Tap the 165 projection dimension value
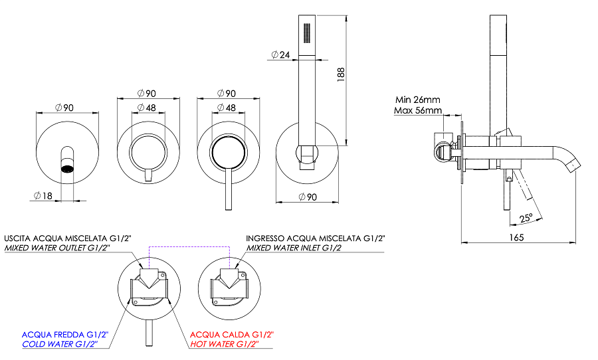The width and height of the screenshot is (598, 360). [517, 236]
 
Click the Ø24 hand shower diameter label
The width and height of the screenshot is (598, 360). [280, 55]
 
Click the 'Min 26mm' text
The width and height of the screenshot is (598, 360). [417, 100]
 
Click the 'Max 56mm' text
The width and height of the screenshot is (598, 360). [417, 110]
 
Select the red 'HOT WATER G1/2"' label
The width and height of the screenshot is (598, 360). [232, 344]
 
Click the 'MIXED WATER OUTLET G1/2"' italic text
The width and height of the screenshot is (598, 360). [57, 248]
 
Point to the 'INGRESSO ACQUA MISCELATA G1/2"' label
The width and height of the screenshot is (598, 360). [315, 238]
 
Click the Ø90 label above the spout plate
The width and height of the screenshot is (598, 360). [64, 107]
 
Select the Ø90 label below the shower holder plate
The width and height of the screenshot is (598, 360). [310, 197]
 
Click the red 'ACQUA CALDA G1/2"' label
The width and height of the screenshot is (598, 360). [232, 334]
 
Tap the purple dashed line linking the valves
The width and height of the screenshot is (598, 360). [189, 248]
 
